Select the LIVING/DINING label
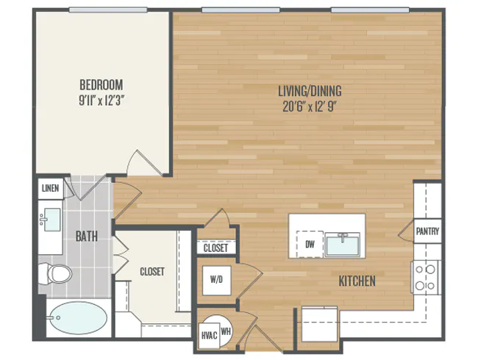(x=309, y=91)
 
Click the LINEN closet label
(x=49, y=189)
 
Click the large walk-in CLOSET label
(x=151, y=271)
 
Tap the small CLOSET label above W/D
(x=215, y=248)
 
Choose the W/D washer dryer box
(x=216, y=278)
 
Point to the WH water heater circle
(x=225, y=331)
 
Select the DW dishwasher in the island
(x=309, y=245)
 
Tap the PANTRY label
(x=428, y=231)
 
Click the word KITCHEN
(x=357, y=281)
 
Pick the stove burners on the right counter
(x=424, y=277)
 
